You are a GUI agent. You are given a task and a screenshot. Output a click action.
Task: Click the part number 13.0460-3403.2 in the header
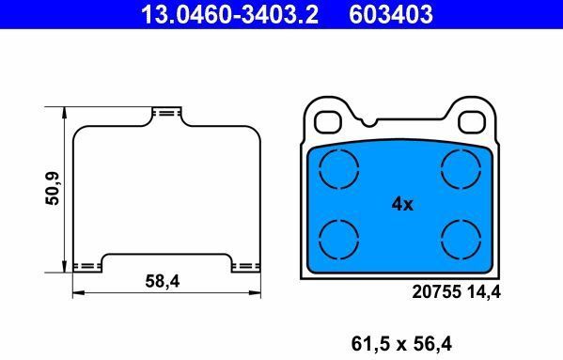(229, 14)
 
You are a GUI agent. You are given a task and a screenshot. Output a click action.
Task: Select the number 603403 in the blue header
(391, 14)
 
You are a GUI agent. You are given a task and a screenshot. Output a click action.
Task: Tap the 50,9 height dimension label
(53, 189)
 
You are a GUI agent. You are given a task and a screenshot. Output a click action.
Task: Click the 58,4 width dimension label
(163, 281)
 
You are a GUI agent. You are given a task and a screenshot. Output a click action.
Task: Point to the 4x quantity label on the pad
(402, 204)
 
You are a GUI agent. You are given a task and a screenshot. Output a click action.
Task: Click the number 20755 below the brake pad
(436, 291)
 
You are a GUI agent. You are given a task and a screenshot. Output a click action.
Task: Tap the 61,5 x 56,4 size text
(401, 344)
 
